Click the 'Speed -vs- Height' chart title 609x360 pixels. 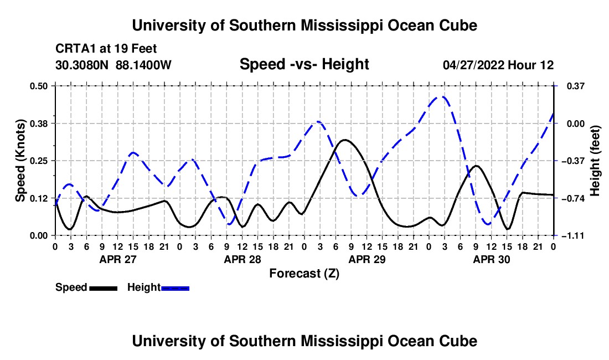point(304,64)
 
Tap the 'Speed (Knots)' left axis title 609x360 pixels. point(20,161)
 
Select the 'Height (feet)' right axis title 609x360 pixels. point(595,161)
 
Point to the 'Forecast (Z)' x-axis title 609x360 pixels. point(304,274)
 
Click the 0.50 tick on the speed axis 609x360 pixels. point(38,86)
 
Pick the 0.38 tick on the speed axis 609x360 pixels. point(38,124)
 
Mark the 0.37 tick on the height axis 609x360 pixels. point(576,86)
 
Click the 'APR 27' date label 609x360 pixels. point(118,259)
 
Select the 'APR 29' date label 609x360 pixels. point(367,259)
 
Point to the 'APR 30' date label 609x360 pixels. point(491,259)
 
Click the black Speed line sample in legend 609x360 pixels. point(104,288)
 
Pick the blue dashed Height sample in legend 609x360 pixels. point(175,288)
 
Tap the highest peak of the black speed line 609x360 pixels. point(344,140)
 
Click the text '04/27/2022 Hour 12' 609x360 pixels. point(498,65)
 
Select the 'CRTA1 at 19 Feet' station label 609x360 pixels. point(106,49)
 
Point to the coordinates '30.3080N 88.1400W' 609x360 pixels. point(113,65)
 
